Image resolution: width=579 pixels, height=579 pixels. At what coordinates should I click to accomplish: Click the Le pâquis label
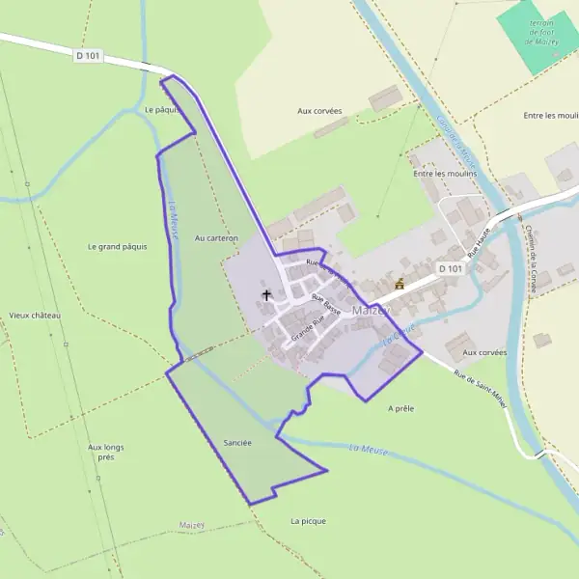(x=162, y=109)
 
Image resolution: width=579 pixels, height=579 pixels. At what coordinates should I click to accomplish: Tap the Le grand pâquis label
(x=117, y=246)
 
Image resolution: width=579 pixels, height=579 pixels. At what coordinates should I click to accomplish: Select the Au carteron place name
(x=215, y=237)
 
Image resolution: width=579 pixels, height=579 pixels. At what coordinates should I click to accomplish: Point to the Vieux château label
(x=35, y=316)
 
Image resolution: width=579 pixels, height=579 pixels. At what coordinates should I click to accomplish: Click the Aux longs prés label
(x=106, y=452)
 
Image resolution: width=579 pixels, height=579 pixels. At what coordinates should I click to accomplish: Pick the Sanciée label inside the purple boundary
(x=236, y=443)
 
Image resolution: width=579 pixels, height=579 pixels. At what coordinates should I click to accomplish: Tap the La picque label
(x=308, y=521)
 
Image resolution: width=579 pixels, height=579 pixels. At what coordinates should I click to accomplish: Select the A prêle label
(x=400, y=408)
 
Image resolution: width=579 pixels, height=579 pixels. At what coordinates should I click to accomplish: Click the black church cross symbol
(x=266, y=294)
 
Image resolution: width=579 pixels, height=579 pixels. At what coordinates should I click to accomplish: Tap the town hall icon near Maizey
(x=400, y=284)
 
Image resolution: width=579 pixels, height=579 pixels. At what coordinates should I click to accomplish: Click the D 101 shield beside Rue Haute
(x=451, y=268)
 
